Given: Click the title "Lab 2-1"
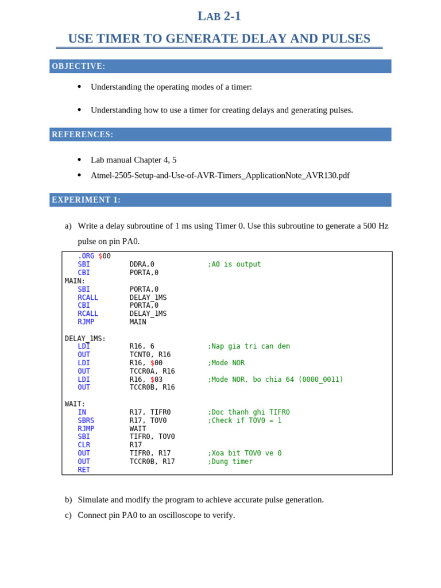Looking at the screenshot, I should [219, 16].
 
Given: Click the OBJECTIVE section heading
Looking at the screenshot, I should [79, 66].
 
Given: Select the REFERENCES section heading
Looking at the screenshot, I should [83, 134].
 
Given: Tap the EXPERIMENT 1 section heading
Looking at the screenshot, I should [86, 200].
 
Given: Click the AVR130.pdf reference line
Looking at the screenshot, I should [220, 175].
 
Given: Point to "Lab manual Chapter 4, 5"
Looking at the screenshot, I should [133, 160].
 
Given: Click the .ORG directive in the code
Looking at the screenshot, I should [86, 256].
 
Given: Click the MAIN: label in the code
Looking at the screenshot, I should [75, 281].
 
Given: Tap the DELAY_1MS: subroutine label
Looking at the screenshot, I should [85, 338].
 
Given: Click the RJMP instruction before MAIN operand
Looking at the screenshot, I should [86, 322].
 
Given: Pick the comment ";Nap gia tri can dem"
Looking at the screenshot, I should [249, 346].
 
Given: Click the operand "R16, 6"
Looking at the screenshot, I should [142, 346].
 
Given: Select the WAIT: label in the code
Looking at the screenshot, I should [75, 404].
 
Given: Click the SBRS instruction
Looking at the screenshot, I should [86, 420].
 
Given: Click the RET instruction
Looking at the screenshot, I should [84, 470].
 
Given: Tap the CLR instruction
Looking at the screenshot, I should [84, 445].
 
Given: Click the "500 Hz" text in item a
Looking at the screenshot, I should [376, 226].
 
